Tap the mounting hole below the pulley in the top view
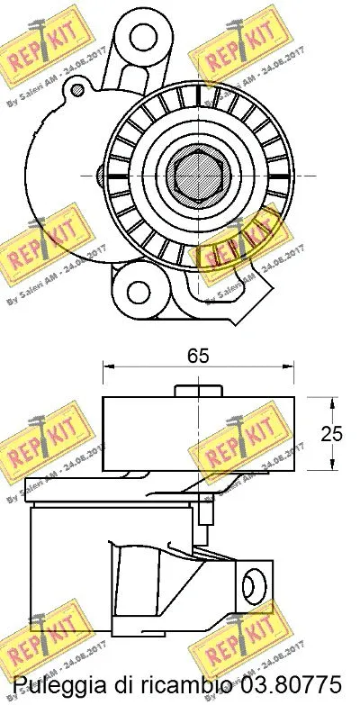tap(139, 291)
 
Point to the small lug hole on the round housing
tap(78, 88)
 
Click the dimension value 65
tap(198, 356)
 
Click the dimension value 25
tap(332, 433)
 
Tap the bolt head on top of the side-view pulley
tap(199, 388)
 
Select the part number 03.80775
tap(279, 682)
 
